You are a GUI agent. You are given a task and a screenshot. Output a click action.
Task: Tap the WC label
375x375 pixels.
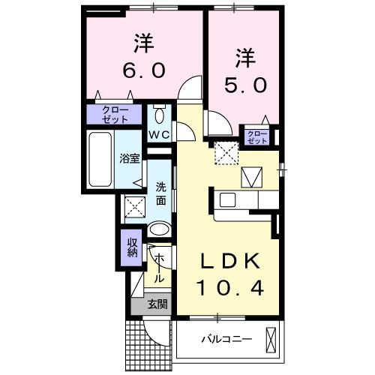tap(159, 135)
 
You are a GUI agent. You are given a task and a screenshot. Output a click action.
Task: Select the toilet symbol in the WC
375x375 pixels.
tap(159, 116)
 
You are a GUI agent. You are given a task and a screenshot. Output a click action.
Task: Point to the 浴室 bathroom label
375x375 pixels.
tap(129, 158)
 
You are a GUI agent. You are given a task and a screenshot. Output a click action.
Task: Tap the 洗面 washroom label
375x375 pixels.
tap(161, 193)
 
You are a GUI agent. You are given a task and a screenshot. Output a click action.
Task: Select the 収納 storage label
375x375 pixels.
tap(132, 247)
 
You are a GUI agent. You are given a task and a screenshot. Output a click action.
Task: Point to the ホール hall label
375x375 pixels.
tap(159, 267)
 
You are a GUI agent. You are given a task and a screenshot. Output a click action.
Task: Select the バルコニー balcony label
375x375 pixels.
tap(226, 339)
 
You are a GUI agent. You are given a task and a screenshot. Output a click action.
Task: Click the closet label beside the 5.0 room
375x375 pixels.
tap(257, 136)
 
